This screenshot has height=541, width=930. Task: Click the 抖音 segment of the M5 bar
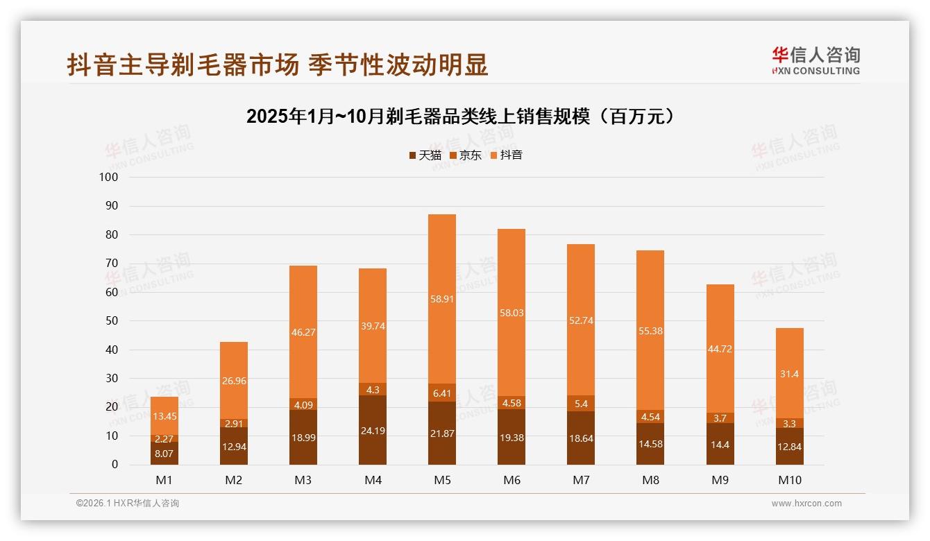click(x=442, y=298)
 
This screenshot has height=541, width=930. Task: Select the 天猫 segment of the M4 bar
click(x=373, y=430)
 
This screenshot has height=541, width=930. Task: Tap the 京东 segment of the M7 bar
click(x=581, y=403)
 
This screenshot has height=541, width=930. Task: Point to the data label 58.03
click(x=511, y=313)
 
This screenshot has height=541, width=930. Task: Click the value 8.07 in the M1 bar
click(x=164, y=453)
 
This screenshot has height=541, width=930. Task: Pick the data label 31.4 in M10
click(x=790, y=374)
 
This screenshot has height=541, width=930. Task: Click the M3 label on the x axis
click(x=303, y=480)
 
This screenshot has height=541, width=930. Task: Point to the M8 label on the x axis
click(x=650, y=480)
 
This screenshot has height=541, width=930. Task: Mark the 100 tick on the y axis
click(x=109, y=177)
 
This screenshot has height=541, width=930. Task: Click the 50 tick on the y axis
click(x=111, y=321)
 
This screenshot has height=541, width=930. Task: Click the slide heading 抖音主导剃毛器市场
click(x=278, y=65)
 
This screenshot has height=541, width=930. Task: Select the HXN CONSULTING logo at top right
click(x=815, y=61)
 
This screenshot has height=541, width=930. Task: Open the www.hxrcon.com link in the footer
click(x=806, y=504)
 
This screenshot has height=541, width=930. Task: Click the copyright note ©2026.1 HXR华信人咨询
click(x=128, y=504)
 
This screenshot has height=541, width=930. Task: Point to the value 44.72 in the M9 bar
click(x=720, y=348)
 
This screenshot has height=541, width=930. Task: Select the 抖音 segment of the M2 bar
click(x=234, y=380)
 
